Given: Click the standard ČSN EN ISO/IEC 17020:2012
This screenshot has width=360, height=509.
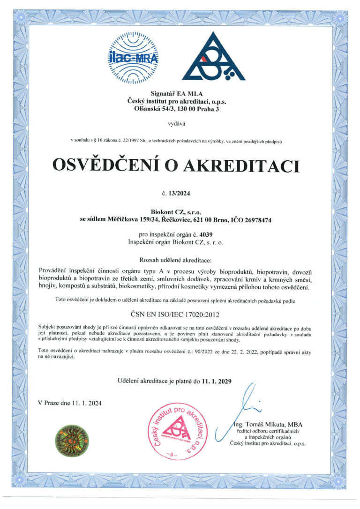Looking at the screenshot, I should click(x=180, y=311).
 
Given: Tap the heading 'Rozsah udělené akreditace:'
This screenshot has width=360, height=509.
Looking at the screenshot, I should click(x=180, y=260).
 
